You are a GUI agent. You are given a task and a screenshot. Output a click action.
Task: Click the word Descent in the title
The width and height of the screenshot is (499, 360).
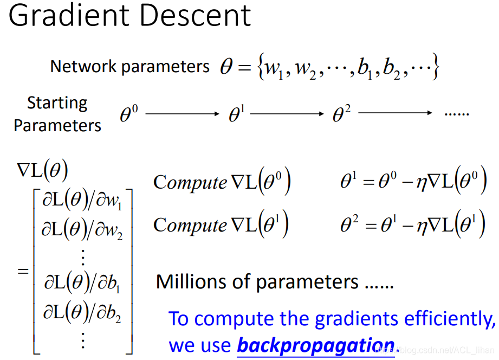point(196,15)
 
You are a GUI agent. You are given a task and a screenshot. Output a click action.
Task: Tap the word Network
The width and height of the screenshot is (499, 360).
point(83,66)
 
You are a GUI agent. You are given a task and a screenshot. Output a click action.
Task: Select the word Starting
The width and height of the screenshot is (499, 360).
point(57,103)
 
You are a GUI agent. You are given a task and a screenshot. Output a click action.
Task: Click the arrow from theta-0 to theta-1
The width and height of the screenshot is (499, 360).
point(183,113)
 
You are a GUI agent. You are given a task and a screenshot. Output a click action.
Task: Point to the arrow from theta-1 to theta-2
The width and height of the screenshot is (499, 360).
point(287,113)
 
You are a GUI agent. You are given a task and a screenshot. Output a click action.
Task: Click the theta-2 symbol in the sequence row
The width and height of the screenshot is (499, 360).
point(341,114)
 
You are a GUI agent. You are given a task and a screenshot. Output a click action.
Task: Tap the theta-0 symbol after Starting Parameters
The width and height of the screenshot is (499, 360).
point(129,114)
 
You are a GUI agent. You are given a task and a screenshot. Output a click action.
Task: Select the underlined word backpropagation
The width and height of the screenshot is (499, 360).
point(316,345)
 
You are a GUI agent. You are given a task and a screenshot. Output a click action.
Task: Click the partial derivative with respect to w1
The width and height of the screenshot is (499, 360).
point(82,201)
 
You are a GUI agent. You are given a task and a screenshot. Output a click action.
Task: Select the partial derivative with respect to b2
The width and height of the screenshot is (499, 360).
point(82,313)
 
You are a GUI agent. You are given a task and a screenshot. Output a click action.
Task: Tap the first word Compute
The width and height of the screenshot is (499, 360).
point(190,183)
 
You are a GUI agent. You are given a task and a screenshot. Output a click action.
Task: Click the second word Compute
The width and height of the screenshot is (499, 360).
point(190,225)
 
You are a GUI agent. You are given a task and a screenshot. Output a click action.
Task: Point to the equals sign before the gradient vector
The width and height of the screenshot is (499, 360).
point(23,272)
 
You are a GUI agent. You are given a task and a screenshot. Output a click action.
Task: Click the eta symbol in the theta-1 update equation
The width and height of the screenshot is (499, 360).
point(422,183)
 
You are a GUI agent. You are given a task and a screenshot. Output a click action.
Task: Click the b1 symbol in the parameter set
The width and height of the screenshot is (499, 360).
point(365,68)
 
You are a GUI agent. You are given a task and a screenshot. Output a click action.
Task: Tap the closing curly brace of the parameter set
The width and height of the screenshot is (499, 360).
point(436,67)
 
